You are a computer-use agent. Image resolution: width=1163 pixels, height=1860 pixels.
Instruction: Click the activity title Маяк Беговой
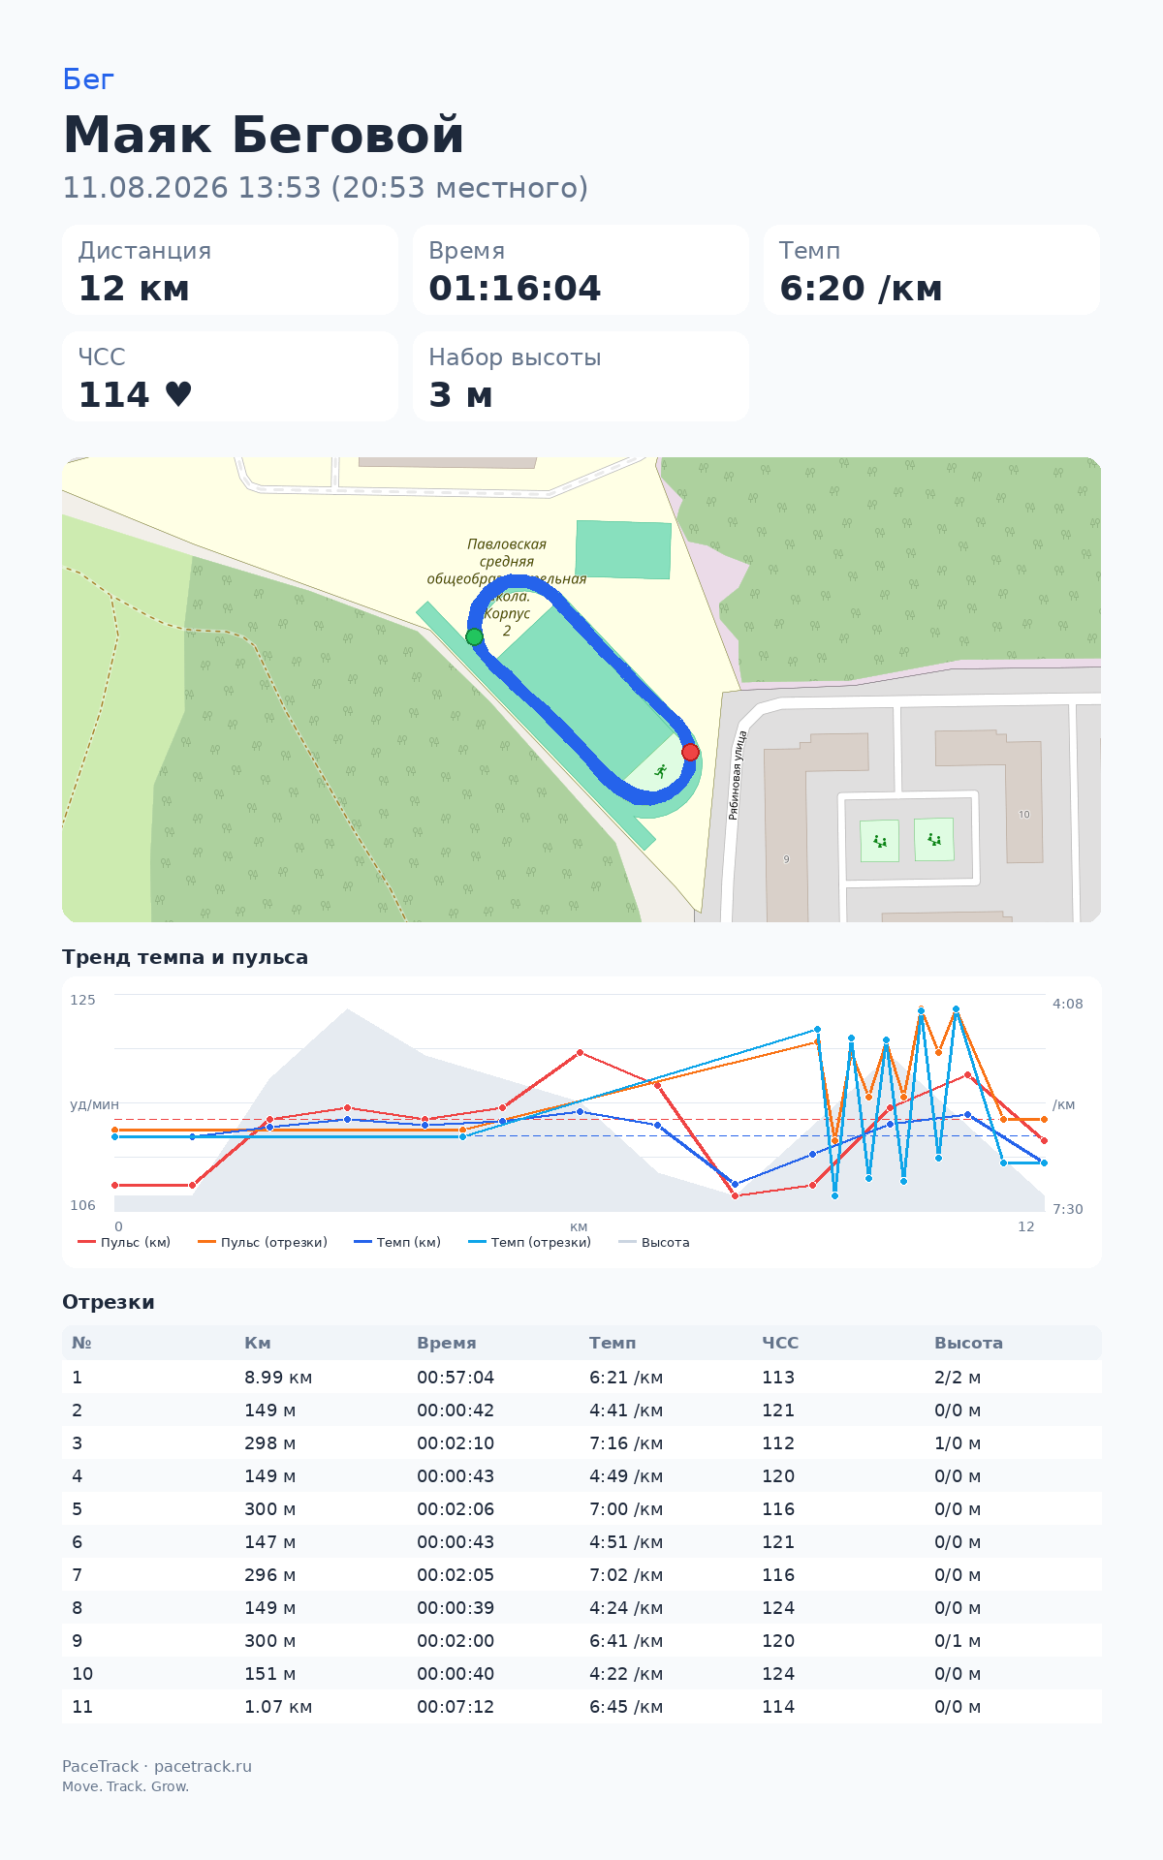[264, 135]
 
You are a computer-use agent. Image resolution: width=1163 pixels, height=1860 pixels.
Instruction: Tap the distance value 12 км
[134, 289]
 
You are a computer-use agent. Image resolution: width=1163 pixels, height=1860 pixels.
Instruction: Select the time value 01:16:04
[515, 289]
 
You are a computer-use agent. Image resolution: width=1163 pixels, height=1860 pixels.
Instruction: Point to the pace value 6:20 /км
[861, 289]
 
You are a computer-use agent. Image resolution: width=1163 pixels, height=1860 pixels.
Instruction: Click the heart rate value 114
[114, 395]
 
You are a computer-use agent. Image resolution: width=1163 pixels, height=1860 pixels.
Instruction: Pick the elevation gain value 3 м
[461, 395]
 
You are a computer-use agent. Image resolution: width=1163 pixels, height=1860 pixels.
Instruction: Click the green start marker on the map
[474, 636]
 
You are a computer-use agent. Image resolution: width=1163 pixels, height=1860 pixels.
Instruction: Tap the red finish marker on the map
[690, 752]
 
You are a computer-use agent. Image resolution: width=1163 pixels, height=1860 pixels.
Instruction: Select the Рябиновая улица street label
[738, 775]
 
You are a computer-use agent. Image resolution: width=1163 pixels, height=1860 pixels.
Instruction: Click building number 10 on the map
[1024, 815]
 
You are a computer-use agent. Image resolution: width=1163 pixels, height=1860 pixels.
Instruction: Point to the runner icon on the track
[661, 771]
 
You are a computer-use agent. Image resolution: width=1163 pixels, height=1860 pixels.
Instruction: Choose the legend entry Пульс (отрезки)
[263, 1242]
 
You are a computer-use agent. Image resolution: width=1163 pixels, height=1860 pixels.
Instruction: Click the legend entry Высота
[654, 1242]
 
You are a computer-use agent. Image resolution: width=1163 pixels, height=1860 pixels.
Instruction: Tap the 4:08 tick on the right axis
[1068, 1004]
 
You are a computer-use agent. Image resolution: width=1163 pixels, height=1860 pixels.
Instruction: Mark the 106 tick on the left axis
[83, 1205]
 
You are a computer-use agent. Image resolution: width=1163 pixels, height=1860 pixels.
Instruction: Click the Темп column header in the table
[613, 1343]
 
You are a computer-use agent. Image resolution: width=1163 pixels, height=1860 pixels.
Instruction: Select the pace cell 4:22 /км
[626, 1674]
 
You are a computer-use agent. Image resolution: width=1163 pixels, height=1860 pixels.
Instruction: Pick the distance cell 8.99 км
[278, 1378]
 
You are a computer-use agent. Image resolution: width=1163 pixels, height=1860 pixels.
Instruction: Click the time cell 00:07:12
[456, 1707]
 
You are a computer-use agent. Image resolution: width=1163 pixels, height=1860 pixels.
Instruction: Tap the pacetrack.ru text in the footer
[203, 1766]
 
